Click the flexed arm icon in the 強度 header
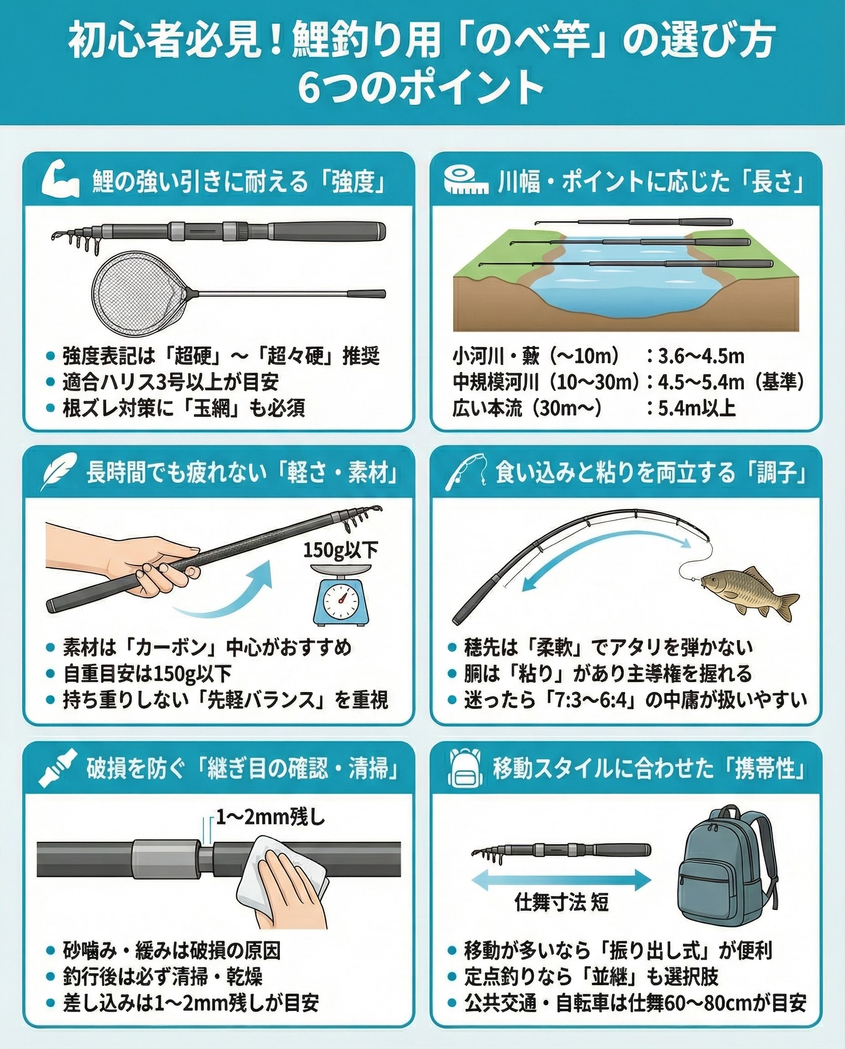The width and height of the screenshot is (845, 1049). [61, 181]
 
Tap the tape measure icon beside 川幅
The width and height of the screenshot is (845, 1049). [466, 181]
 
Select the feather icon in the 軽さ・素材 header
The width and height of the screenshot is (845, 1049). [59, 471]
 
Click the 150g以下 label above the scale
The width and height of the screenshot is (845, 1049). [341, 550]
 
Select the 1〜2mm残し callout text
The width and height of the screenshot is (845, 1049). [270, 818]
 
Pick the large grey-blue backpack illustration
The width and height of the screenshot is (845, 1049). [728, 871]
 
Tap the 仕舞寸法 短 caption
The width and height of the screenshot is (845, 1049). [561, 902]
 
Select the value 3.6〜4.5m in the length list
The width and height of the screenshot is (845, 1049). [701, 356]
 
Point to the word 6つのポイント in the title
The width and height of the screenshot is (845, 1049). [421, 87]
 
